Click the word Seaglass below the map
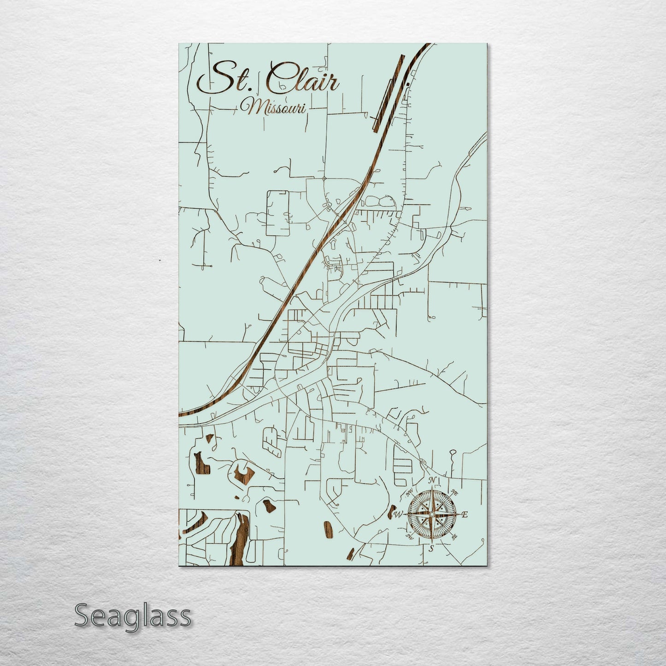(x=132, y=616)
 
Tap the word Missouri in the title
(x=275, y=107)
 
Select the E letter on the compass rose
(x=465, y=515)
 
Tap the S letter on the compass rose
(x=431, y=548)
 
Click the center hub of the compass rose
(x=432, y=514)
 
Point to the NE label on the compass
(x=454, y=491)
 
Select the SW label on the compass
(x=409, y=536)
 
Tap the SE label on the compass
(x=454, y=536)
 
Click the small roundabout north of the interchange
(x=324, y=178)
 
